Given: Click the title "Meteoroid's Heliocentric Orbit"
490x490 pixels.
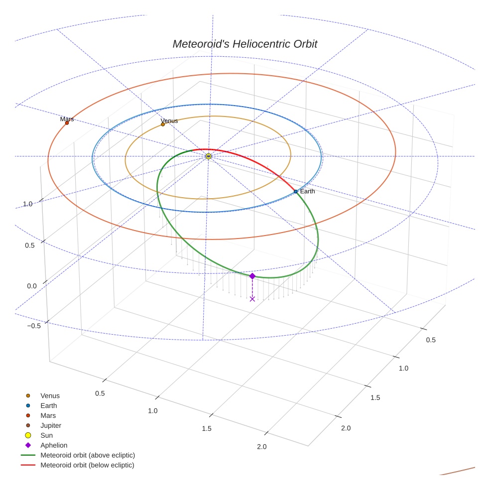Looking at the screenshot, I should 245,44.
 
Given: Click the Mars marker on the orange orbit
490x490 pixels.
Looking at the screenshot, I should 67,123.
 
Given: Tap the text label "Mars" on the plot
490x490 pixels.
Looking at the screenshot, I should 67,119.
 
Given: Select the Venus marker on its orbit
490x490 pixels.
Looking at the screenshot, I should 163,124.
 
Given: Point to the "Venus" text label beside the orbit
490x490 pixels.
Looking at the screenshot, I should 169,121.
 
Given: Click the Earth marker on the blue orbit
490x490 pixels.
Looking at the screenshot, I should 295,191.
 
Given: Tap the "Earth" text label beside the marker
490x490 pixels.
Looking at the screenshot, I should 307,191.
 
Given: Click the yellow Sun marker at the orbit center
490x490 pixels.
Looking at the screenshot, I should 208,156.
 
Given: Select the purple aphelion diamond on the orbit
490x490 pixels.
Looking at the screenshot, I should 252,276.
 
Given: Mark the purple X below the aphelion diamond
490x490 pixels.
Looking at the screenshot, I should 252,299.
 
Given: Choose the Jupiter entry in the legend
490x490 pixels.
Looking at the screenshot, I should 50,425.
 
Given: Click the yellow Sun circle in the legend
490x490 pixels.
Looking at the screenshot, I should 28,435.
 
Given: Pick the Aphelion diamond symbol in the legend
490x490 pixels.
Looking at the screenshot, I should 28,445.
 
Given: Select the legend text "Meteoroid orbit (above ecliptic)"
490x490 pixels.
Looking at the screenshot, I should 88,455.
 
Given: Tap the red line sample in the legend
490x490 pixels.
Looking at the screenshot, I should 28,465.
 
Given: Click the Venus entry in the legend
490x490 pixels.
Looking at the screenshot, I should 50,396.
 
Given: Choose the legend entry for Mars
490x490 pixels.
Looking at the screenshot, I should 48,415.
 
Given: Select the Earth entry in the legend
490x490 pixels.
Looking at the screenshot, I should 48,406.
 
